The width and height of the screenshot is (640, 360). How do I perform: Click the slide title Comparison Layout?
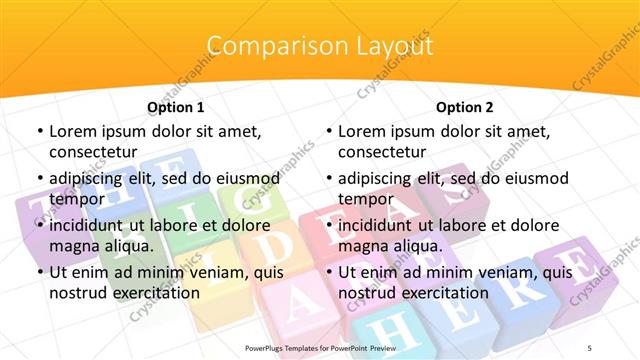pyautogui.click(x=320, y=46)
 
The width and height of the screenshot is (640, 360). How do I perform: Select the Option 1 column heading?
pyautogui.click(x=176, y=106)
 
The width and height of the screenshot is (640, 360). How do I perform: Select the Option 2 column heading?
pyautogui.click(x=465, y=106)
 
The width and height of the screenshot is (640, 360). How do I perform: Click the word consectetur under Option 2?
pyautogui.click(x=382, y=152)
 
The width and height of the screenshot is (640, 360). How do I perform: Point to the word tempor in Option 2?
pyautogui.click(x=362, y=198)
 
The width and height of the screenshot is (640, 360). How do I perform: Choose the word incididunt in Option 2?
pyautogui.click(x=379, y=225)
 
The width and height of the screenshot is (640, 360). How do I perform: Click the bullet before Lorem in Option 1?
pyautogui.click(x=38, y=131)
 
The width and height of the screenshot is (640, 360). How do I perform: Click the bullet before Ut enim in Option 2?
pyautogui.click(x=328, y=272)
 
